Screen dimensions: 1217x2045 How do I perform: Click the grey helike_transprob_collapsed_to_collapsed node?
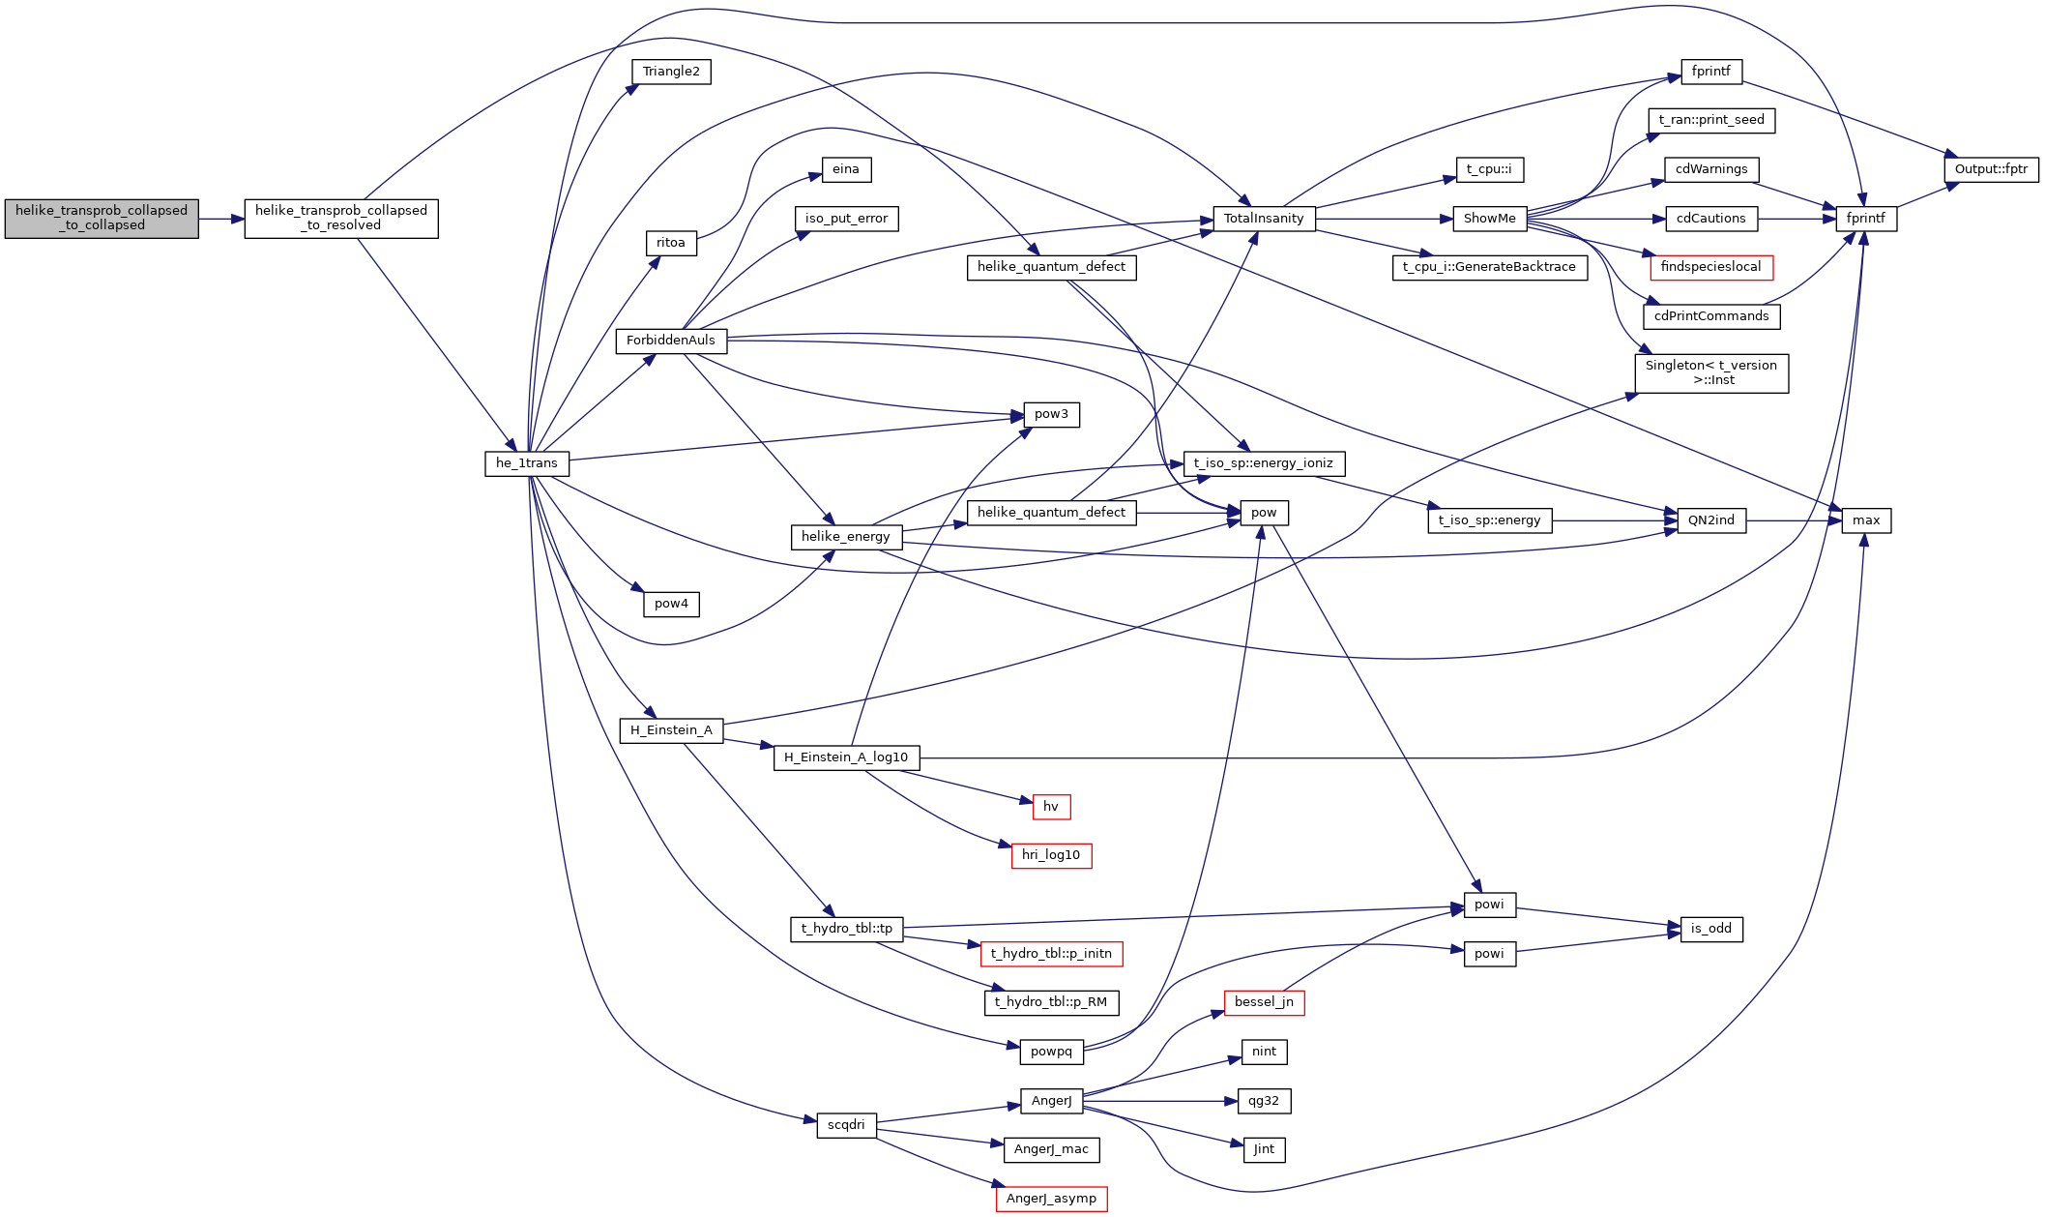point(102,219)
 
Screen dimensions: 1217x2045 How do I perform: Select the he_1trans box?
point(527,463)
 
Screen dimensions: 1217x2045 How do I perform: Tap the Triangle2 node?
point(671,72)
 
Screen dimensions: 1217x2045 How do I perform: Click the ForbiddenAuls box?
point(671,341)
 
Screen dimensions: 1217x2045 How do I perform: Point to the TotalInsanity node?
point(1264,219)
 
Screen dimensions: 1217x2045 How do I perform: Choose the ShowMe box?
point(1489,219)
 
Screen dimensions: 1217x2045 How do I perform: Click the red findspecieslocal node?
point(1710,267)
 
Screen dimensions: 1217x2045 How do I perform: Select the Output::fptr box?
point(1991,169)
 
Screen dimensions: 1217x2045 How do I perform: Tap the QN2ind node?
point(1710,520)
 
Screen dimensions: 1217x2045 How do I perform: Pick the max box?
point(1866,520)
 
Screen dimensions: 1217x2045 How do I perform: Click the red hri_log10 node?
point(1051,855)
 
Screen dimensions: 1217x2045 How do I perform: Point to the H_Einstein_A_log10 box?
point(846,757)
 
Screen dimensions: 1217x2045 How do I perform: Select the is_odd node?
point(1710,929)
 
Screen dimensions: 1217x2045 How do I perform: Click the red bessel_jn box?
point(1264,1002)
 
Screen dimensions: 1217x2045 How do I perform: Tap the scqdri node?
point(846,1125)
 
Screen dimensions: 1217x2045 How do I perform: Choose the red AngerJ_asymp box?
point(1051,1199)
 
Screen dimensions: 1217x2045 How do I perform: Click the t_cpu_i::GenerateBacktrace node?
point(1489,267)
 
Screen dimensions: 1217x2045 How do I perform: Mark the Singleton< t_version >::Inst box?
point(1710,372)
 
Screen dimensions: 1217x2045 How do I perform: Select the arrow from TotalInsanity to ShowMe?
point(1384,219)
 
